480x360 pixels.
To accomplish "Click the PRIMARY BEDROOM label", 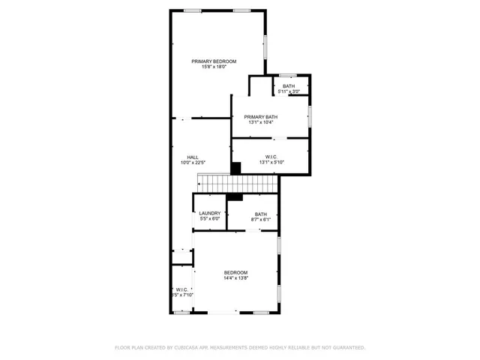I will pos(214,61).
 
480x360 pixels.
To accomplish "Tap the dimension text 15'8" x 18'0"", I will pos(214,67).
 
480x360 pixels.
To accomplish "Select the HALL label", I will pos(193,157).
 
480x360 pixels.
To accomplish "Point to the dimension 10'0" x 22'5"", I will pos(193,163).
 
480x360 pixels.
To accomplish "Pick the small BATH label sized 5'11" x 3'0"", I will pos(289,86).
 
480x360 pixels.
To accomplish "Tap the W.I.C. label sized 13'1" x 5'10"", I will pos(271,157).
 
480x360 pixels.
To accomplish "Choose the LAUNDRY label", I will pos(210,214).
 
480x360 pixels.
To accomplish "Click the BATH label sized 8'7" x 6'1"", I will pos(261,214).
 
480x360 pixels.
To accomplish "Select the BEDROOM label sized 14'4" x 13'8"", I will pos(235,272).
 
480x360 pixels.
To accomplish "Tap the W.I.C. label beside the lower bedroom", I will pos(181,289).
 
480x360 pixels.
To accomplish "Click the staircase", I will pos(237,183).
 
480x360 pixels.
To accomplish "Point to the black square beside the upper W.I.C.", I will pos(235,169).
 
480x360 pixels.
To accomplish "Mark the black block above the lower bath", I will pos(235,197).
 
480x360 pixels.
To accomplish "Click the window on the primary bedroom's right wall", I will pos(264,46).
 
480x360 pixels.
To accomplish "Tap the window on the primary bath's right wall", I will pos(309,116).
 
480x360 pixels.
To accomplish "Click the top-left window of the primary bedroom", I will pos(193,10).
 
